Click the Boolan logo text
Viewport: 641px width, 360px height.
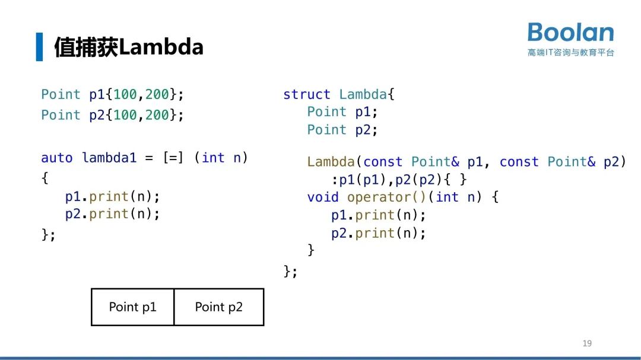click(570, 33)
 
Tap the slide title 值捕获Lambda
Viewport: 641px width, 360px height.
click(129, 47)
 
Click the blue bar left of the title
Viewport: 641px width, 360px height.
click(39, 47)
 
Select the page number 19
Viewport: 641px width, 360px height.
click(587, 343)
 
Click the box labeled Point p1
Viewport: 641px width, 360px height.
click(132, 307)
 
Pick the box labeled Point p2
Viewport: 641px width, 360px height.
click(218, 307)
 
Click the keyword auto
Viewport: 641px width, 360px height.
click(56, 158)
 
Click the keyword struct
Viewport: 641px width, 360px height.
click(306, 94)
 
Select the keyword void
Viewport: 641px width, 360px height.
click(323, 197)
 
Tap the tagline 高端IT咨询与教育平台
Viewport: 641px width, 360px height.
click(570, 53)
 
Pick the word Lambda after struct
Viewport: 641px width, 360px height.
click(363, 94)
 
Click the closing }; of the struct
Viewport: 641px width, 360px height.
click(290, 271)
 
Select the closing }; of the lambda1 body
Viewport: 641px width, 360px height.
click(48, 234)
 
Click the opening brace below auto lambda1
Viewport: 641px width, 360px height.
click(45, 177)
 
